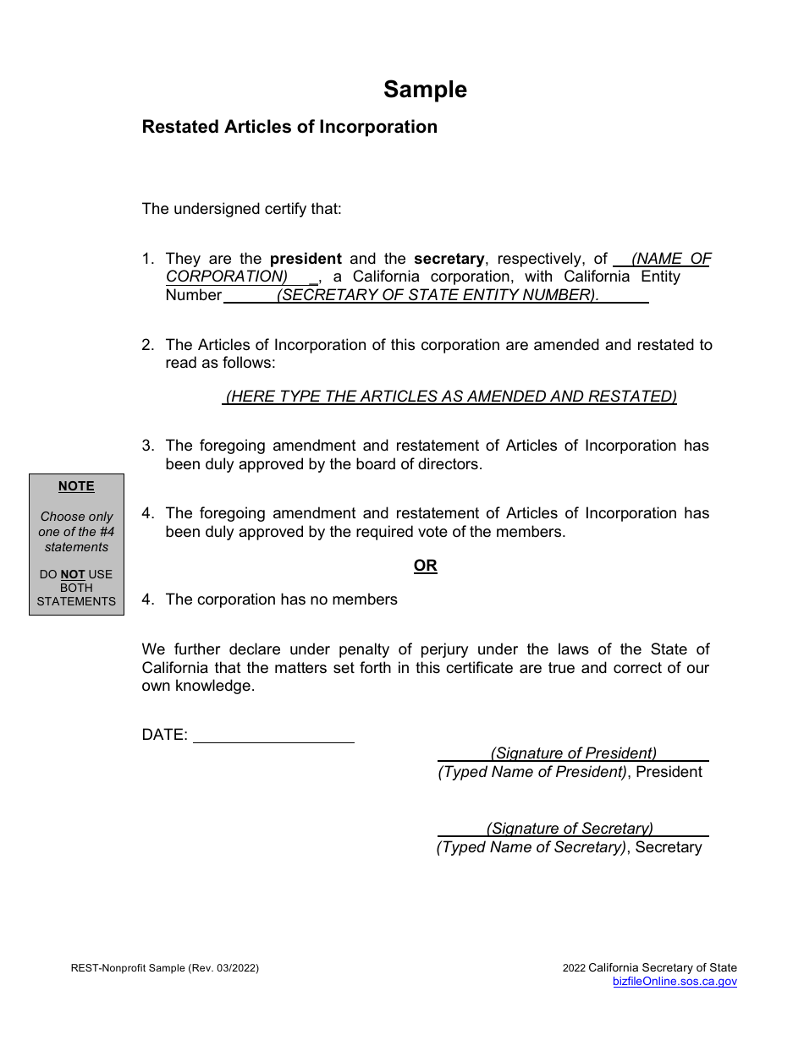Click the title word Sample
(425, 90)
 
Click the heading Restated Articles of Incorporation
(289, 127)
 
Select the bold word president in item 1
(306, 259)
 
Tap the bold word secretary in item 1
(449, 259)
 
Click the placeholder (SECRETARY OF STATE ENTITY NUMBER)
(438, 295)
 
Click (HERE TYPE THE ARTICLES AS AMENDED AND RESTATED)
(450, 397)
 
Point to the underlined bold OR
(425, 566)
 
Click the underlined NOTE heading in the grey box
(76, 486)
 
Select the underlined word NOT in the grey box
(73, 575)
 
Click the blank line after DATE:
(273, 735)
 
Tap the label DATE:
(164, 735)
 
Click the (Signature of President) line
(573, 753)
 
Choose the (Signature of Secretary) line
(570, 829)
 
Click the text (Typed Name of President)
(532, 772)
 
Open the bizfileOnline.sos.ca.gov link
(675, 982)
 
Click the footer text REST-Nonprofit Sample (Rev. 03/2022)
(165, 968)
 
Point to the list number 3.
(148, 446)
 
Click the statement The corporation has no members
(281, 599)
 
